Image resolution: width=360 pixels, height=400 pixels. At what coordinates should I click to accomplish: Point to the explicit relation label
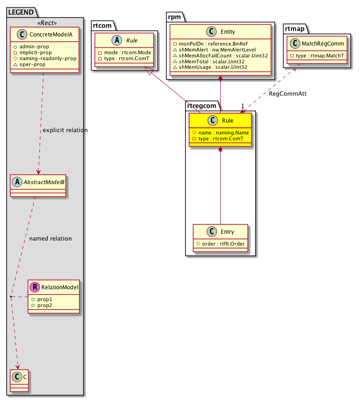click(x=65, y=130)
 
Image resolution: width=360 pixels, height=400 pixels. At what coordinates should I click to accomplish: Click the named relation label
click(x=50, y=238)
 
